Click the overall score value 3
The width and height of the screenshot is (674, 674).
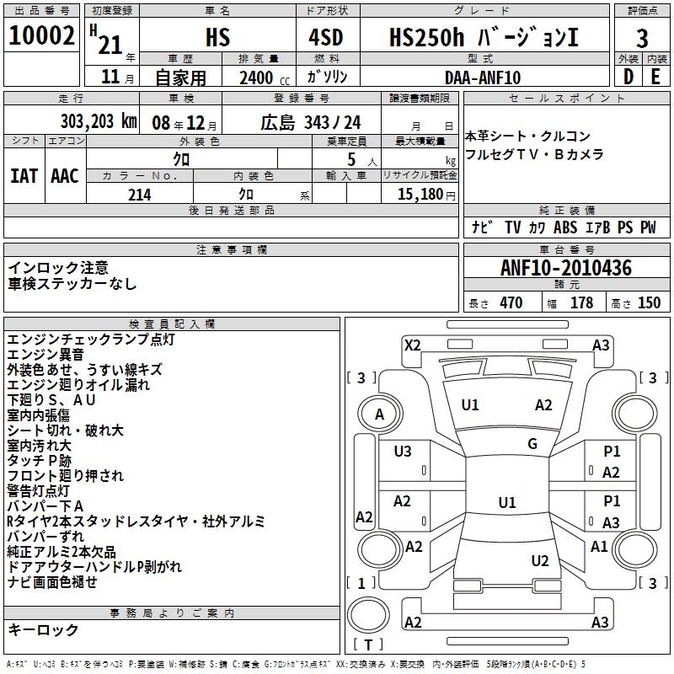[x=642, y=38]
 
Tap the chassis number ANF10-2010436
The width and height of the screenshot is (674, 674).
[x=565, y=268]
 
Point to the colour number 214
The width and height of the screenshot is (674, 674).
[x=140, y=195]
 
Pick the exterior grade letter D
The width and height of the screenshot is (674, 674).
[x=628, y=78]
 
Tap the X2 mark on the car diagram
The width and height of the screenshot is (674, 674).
[x=412, y=345]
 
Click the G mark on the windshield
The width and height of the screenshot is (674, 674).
[x=532, y=444]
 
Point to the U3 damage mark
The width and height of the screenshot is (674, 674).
[x=403, y=452]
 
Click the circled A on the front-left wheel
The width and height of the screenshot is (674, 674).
[x=380, y=414]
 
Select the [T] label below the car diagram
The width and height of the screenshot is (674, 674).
[x=368, y=645]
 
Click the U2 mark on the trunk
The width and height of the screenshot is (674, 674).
[x=540, y=561]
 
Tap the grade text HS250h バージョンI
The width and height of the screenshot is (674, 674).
[x=484, y=38]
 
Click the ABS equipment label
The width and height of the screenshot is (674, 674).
[x=565, y=227]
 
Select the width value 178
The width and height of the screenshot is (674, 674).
[x=581, y=303]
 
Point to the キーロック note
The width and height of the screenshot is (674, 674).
[x=43, y=630]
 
